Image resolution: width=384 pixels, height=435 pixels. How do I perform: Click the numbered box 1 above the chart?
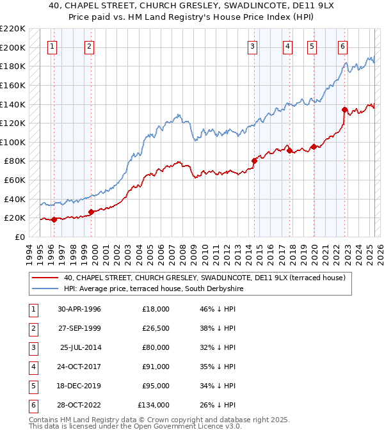(x=52, y=46)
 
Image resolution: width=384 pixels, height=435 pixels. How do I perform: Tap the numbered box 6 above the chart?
(x=343, y=46)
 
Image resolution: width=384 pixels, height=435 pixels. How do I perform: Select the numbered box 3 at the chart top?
(x=253, y=46)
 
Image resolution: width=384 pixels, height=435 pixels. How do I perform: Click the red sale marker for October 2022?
(x=344, y=109)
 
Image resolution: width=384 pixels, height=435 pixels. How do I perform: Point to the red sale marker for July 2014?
(x=254, y=161)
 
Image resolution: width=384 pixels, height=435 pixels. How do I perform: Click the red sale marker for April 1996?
(x=54, y=219)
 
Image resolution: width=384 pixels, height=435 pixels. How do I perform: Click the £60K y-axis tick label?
(x=15, y=180)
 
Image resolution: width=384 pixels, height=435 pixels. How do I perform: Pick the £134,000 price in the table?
(x=154, y=405)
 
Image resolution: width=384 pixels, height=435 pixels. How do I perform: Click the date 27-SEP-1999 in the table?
(x=79, y=328)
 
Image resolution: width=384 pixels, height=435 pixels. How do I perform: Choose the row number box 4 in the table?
(x=32, y=367)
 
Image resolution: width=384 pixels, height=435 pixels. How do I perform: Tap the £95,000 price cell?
(x=156, y=386)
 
